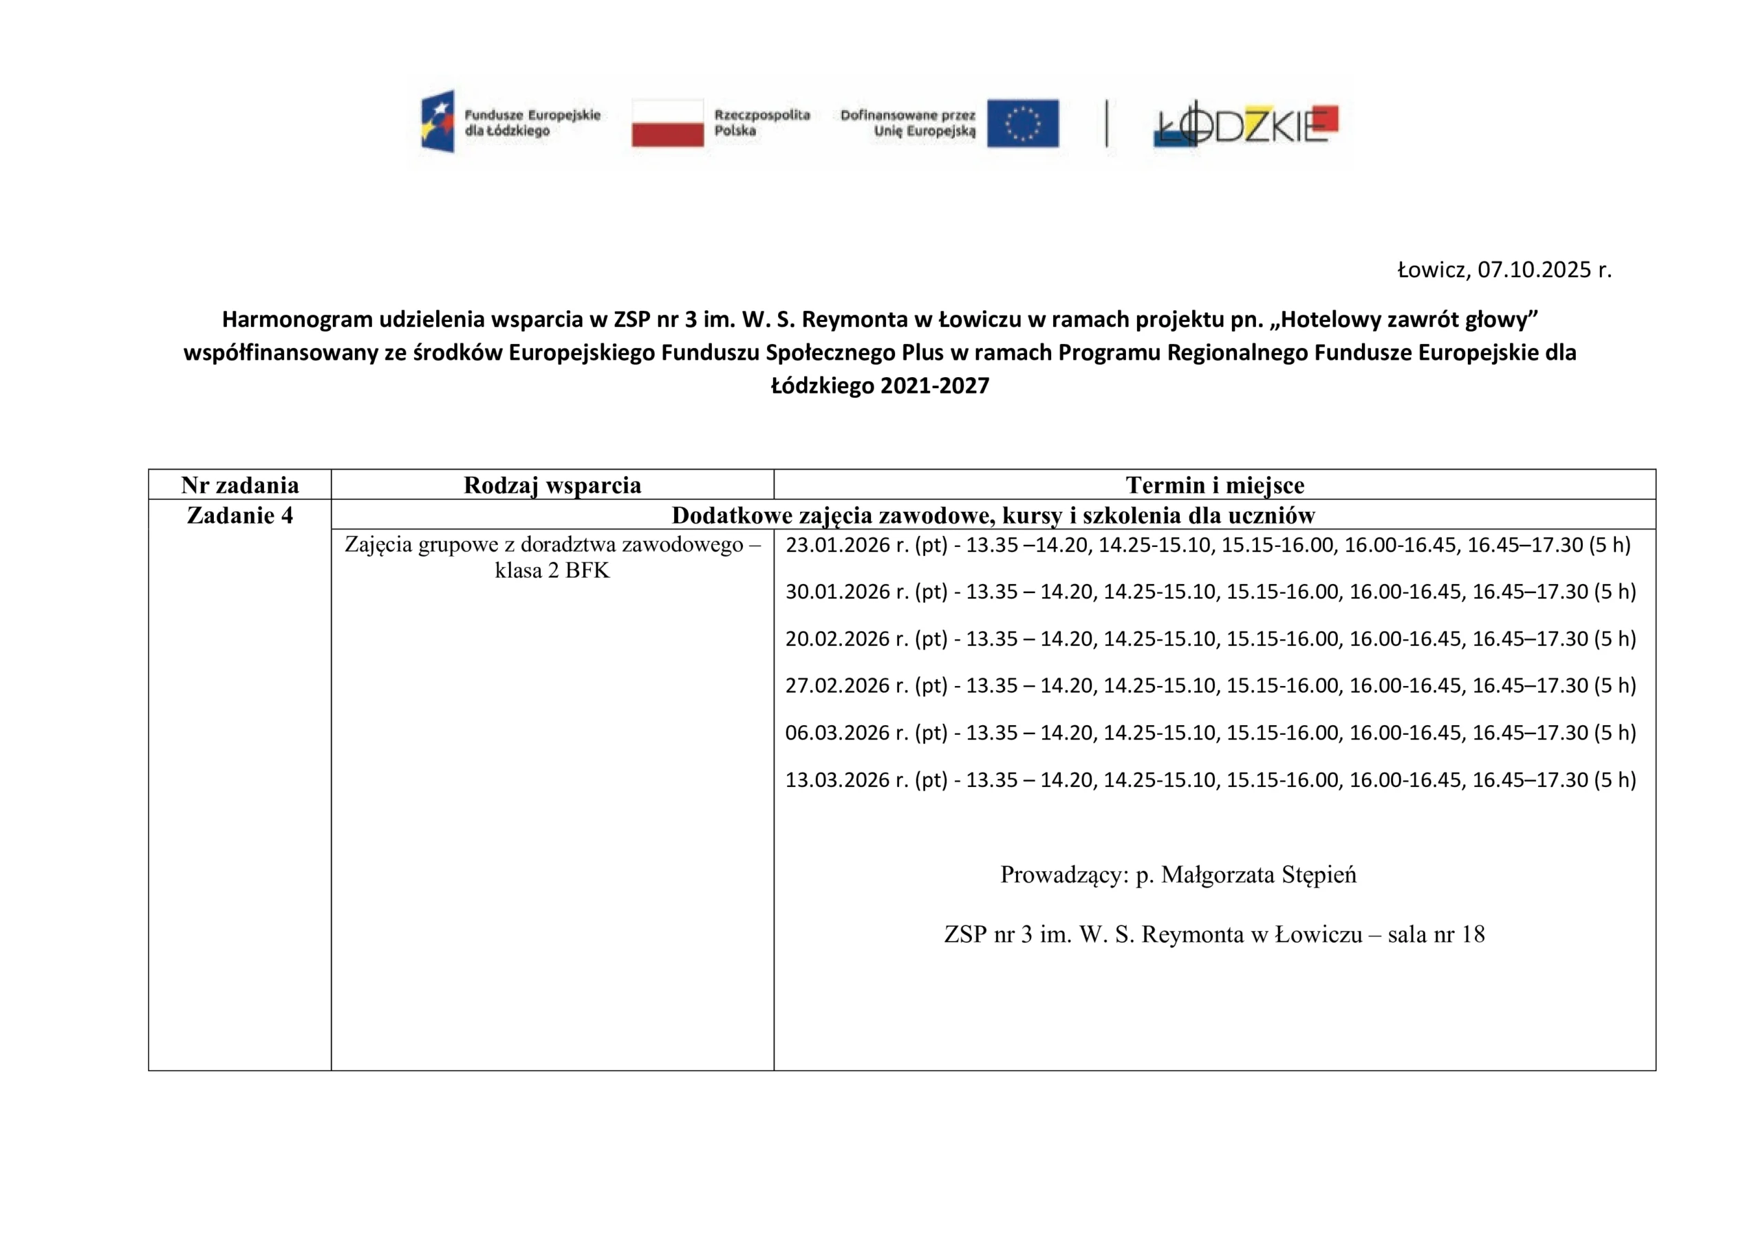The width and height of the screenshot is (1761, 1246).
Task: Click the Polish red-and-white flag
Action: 667,122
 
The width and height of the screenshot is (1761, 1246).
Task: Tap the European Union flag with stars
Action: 1022,122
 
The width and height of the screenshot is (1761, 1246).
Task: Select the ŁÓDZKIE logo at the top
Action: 1246,125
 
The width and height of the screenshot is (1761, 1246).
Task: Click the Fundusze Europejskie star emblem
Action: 438,121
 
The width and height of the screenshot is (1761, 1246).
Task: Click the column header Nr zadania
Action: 239,485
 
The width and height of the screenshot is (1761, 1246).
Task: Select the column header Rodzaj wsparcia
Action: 552,485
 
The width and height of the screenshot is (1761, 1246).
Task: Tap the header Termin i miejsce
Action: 1215,485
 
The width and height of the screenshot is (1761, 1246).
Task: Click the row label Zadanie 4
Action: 239,515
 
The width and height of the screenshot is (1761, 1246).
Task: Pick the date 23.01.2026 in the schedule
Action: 838,545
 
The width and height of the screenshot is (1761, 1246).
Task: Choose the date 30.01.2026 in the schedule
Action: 838,592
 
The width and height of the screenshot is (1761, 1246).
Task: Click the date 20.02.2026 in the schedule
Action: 838,638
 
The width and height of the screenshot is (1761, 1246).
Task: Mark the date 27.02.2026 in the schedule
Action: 838,685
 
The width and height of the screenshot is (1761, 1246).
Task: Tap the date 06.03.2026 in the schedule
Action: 838,733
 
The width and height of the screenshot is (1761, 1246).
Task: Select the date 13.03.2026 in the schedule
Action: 838,780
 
